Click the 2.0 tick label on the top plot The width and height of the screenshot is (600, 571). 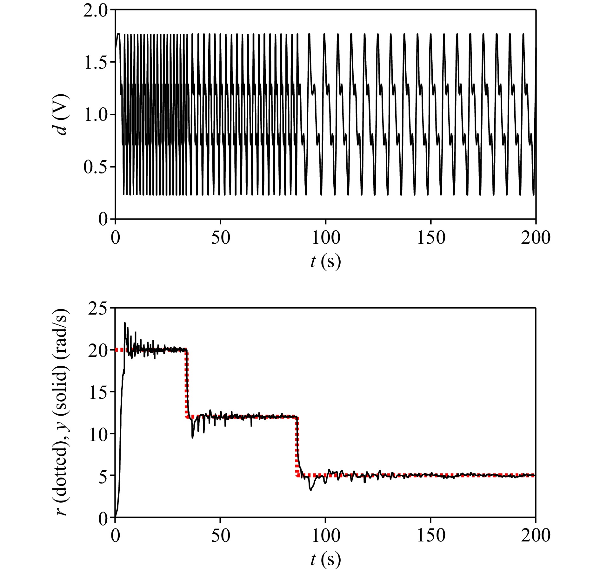coord(96,11)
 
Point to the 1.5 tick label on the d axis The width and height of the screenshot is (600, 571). coord(96,63)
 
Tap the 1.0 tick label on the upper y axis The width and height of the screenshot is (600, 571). coord(96,115)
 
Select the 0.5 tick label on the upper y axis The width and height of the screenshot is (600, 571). coord(96,167)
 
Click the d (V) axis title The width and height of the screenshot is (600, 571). coord(61,114)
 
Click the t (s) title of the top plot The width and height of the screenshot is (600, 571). coord(326,262)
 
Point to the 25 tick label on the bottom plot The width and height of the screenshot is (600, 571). coord(99,309)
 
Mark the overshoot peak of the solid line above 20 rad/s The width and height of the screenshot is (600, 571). coord(125,323)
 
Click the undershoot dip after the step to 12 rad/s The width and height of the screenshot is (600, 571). coord(192,438)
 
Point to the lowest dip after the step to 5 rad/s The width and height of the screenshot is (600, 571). coord(311,490)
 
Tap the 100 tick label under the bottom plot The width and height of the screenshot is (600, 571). coord(326,535)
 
